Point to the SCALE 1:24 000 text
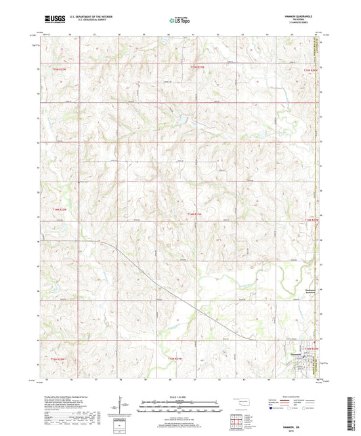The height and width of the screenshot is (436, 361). pyautogui.click(x=179, y=396)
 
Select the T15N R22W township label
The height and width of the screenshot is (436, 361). pyautogui.click(x=60, y=69)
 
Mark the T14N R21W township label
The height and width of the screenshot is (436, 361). pyautogui.click(x=194, y=215)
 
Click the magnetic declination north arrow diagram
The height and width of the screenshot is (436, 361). pyautogui.click(x=124, y=408)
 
